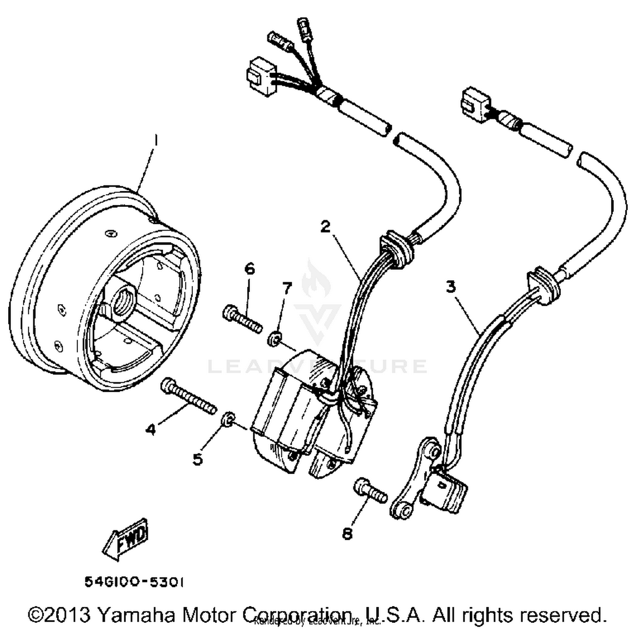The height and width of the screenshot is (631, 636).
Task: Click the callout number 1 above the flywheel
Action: click(x=156, y=140)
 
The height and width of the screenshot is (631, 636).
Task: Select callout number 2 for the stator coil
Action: click(x=325, y=226)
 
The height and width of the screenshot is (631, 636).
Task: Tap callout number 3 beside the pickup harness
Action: click(x=451, y=287)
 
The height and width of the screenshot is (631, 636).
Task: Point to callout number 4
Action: click(x=151, y=430)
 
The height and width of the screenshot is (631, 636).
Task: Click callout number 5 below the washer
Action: click(x=198, y=459)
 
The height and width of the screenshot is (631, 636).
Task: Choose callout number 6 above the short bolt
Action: click(x=250, y=268)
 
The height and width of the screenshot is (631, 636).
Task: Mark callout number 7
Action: click(x=287, y=288)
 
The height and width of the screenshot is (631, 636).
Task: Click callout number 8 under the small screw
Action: click(x=347, y=533)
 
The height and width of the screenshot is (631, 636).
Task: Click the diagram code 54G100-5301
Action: click(x=134, y=582)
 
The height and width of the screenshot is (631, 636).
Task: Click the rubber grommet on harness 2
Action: click(x=396, y=249)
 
